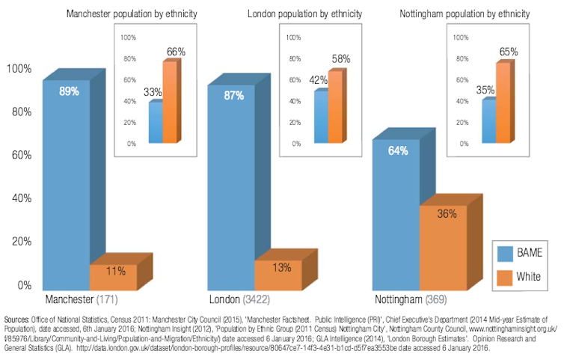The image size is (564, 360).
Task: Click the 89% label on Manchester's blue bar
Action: (x=69, y=91)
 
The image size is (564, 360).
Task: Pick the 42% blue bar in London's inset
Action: (x=321, y=117)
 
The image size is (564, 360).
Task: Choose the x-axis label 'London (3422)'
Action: (x=241, y=300)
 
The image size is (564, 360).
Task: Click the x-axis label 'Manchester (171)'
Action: (x=78, y=300)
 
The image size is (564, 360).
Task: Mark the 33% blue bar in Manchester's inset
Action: (x=156, y=123)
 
